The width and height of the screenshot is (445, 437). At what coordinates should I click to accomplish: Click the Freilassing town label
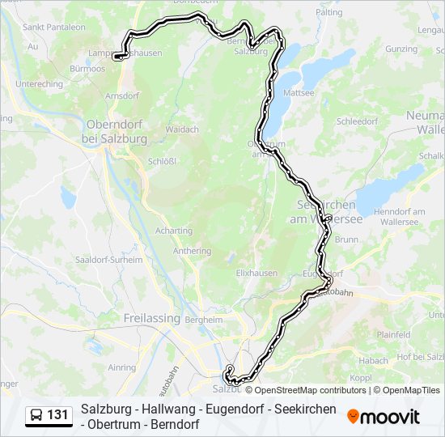click(151, 318)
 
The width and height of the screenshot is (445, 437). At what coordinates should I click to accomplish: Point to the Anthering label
click(192, 251)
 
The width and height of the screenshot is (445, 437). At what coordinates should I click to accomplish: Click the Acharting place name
click(174, 231)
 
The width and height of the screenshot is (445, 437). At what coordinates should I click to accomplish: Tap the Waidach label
click(182, 129)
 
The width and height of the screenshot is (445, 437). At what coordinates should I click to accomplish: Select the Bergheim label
click(204, 320)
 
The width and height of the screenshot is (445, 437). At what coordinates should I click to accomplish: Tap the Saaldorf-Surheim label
click(108, 260)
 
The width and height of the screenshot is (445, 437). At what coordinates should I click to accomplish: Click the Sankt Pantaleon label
click(54, 27)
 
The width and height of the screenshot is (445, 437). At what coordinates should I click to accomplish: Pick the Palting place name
click(329, 13)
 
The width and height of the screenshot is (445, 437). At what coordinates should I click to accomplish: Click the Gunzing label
click(400, 49)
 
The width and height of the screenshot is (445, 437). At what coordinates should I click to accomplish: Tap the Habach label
click(374, 360)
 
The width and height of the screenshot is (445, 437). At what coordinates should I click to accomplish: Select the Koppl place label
click(360, 377)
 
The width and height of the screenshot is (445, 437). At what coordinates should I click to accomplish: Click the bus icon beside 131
click(37, 415)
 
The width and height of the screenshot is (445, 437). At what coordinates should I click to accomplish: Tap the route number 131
click(57, 415)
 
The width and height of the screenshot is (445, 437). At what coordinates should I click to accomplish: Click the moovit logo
click(384, 417)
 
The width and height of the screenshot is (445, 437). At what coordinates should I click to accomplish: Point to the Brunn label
click(345, 240)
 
